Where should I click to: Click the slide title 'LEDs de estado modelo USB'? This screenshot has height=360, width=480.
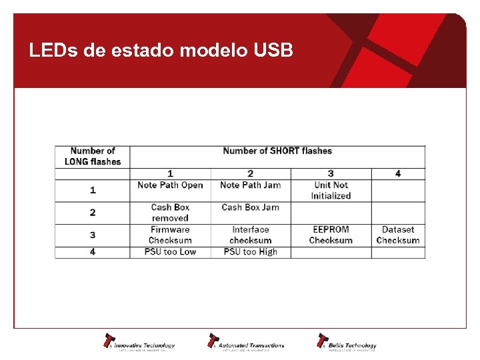coord(161,51)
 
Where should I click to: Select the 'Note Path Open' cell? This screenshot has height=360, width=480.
coord(170,185)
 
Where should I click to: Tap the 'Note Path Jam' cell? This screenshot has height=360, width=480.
coord(250,185)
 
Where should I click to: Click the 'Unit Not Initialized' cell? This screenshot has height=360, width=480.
coord(331,190)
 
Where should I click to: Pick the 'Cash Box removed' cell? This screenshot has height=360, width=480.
coord(170,213)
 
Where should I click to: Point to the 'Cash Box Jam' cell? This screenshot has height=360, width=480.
coord(250,207)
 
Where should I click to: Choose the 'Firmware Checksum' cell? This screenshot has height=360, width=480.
coord(170,235)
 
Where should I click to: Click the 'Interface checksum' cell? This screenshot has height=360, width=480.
coord(250,235)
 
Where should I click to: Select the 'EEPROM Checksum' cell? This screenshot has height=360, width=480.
coord(331,235)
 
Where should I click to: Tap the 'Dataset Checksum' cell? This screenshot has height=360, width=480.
coord(398,235)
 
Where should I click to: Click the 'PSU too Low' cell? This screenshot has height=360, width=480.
coord(170,252)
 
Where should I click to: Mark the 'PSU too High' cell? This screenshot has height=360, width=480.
coord(250,252)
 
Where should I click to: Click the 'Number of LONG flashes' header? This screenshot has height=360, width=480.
coord(93,156)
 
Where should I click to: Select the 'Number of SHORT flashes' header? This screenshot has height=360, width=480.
coord(277,151)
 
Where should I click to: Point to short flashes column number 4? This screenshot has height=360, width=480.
coord(398,174)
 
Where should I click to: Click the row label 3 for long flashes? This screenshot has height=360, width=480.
coord(93,235)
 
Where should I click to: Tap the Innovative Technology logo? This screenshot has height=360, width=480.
coord(139,342)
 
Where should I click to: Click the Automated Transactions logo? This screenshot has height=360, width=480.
coord(246,342)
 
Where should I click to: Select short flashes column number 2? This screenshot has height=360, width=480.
coord(250,174)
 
